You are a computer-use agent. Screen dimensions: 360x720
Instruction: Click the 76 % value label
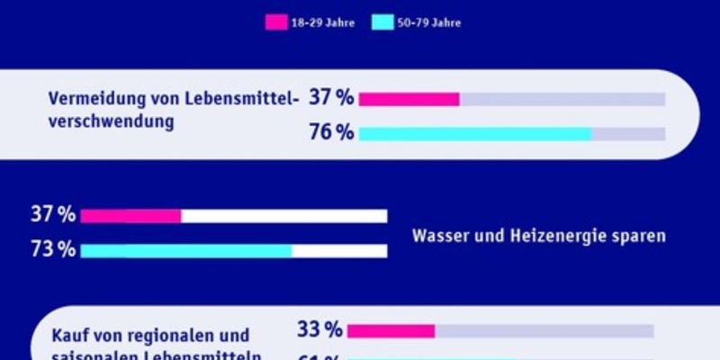[x=330, y=133]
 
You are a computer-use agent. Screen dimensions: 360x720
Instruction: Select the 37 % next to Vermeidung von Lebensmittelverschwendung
[x=330, y=98]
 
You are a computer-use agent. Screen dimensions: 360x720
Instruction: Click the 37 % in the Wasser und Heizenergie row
[x=53, y=215]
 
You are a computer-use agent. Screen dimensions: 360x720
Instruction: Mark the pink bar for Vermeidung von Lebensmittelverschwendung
[x=409, y=99]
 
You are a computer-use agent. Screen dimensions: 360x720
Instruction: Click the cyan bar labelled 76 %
[x=474, y=134]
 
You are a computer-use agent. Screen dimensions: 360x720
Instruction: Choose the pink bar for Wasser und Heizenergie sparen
[x=130, y=216]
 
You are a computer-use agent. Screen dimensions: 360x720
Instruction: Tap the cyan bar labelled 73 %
[x=185, y=251]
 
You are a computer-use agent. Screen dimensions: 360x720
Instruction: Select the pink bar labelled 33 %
[x=391, y=331]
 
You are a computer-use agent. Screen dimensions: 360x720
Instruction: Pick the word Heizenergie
[x=554, y=236]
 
